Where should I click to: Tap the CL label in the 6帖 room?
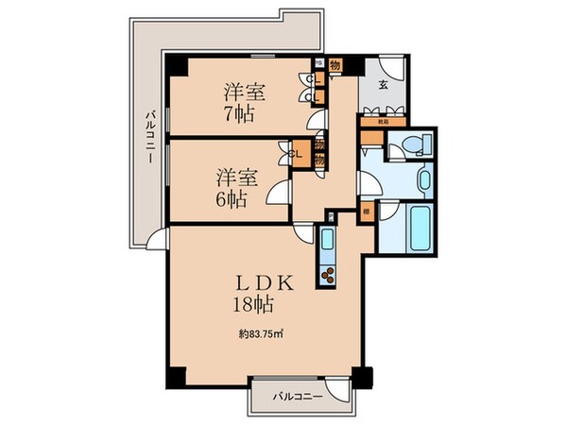tap(296, 152)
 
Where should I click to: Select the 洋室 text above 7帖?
tap(244, 91)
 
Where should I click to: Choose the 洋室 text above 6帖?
tap(236, 177)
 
